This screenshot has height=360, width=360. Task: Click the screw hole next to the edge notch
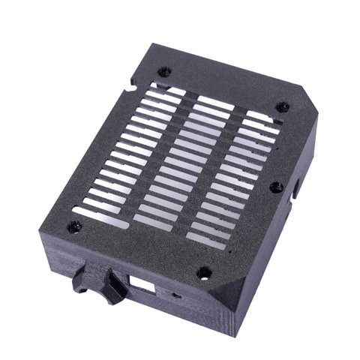coord(164,72)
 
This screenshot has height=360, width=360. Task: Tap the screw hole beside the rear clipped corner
coord(281,106)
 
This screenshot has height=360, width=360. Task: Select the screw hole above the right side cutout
coord(275,186)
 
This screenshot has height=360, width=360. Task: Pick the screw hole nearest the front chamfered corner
coord(202,271)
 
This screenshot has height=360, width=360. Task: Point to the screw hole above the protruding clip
coord(73,226)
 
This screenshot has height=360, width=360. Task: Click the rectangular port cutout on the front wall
coord(144,286)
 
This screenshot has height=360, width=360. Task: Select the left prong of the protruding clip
coord(82,283)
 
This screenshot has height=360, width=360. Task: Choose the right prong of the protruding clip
coord(114,287)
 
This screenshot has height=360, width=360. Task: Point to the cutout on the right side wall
coord(298,187)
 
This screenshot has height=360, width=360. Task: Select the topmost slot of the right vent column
coord(259,118)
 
